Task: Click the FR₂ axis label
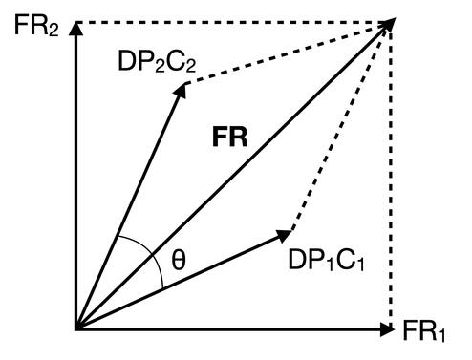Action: [36, 26]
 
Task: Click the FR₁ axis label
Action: [424, 330]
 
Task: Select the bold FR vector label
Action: [229, 138]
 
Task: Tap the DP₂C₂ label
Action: [157, 61]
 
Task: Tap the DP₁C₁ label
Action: [326, 260]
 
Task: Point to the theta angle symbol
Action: [179, 260]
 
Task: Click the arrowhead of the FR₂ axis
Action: [75, 29]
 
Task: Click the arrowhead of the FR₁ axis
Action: [387, 329]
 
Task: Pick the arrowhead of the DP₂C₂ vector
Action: [180, 90]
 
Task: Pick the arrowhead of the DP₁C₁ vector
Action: [284, 236]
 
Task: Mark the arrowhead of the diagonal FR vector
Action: [388, 25]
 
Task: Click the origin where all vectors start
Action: [76, 329]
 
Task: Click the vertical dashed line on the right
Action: [391, 179]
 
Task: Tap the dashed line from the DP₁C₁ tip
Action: [340, 127]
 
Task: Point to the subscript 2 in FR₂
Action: [54, 31]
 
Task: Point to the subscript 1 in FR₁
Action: [440, 336]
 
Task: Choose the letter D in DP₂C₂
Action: [126, 61]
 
